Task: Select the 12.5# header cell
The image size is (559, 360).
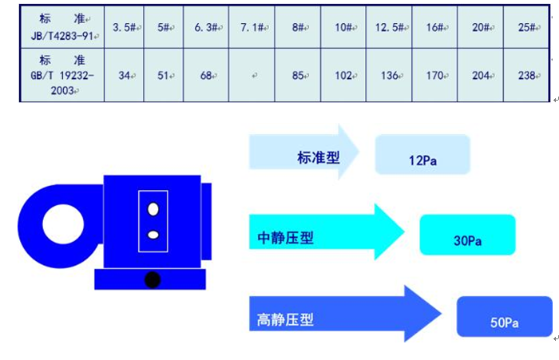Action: point(389,27)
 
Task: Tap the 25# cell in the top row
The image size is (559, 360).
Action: point(525,27)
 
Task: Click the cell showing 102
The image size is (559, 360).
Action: point(343,76)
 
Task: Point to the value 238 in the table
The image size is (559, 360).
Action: point(525,76)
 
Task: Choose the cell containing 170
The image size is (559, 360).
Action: point(435,76)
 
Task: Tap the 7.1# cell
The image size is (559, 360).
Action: point(252,27)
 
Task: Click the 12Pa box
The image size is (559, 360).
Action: point(422,155)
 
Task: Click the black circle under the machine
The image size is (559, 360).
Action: point(152,279)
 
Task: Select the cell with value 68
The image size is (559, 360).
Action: point(206,76)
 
